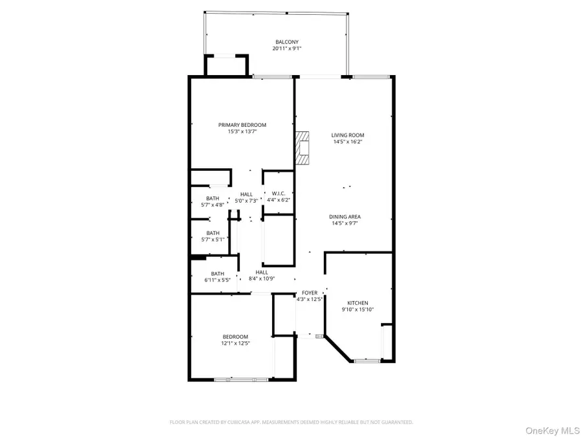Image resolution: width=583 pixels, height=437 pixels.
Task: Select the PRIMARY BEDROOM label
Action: pos(242,125)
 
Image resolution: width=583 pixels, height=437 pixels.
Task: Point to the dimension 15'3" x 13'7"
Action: pos(242,131)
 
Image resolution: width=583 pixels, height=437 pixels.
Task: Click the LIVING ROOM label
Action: pos(343,135)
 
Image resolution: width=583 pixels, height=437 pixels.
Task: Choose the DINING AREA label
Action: pos(345,217)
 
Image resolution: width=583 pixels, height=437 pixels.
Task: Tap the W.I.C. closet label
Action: pos(279,193)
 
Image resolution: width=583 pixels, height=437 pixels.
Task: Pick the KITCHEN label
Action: pos(358,303)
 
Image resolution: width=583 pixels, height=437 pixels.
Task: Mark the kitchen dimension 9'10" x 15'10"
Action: pos(358,309)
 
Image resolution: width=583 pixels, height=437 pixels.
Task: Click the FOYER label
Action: pos(309,293)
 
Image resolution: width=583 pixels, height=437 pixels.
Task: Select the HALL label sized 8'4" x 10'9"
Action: pos(262,273)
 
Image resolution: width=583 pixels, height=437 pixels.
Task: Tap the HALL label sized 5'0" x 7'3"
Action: pos(246,194)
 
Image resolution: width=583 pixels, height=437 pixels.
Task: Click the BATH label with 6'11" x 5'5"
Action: pos(217,274)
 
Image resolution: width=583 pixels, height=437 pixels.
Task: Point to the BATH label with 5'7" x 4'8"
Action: pos(212,198)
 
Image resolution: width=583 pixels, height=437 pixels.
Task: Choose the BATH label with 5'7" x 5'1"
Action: pos(212,233)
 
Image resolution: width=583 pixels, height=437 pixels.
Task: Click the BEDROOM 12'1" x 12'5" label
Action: pos(235,337)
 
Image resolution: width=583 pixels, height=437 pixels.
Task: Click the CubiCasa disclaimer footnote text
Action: pos(291,422)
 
